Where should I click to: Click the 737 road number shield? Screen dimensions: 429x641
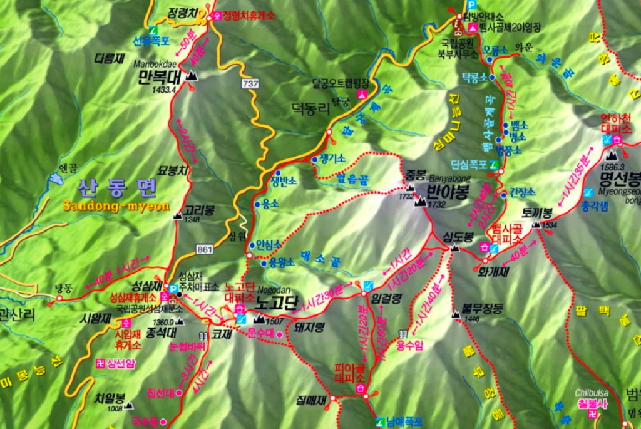pyautogui.click(x=250, y=83)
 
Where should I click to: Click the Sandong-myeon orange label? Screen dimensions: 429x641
pyautogui.click(x=116, y=206)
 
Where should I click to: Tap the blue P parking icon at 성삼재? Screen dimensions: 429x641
pyautogui.click(x=173, y=288)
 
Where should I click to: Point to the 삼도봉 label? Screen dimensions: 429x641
pyautogui.click(x=458, y=237)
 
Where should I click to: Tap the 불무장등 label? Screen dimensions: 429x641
pyautogui.click(x=483, y=308)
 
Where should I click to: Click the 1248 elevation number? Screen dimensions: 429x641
pyautogui.click(x=192, y=220)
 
